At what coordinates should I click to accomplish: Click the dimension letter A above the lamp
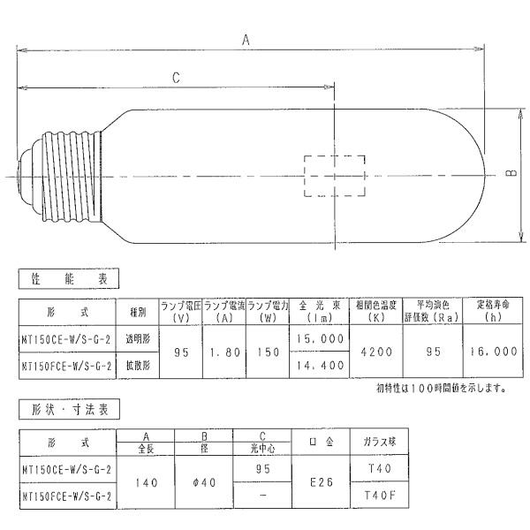tap(246, 40)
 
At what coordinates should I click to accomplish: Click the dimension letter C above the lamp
tap(176, 78)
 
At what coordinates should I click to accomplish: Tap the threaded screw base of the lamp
tap(72, 176)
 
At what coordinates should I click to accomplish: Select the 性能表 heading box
tap(69, 278)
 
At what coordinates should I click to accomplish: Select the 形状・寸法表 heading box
tap(69, 409)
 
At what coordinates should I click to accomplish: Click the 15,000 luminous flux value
tap(320, 338)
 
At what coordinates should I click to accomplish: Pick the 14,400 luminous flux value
tap(320, 365)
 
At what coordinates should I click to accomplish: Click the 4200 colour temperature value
tap(376, 352)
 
